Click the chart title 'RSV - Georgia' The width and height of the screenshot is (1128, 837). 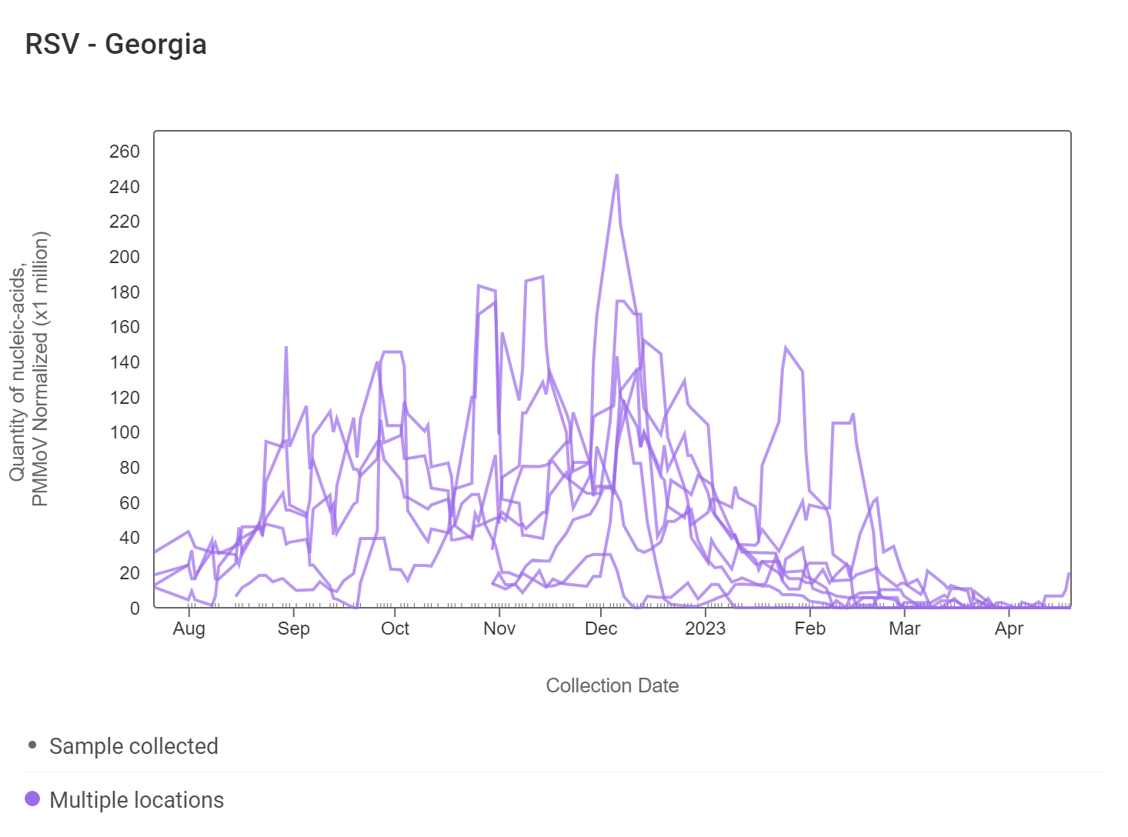coord(116,45)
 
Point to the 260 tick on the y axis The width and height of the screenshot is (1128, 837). coord(125,152)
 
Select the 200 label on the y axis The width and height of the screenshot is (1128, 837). coord(125,257)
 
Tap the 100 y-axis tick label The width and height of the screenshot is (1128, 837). coord(125,432)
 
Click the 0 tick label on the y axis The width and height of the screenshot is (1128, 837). coord(135,609)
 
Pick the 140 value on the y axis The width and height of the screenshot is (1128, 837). coord(125,362)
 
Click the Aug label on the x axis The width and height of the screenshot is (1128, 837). coord(189,629)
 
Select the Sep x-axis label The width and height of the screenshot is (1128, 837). coord(293,629)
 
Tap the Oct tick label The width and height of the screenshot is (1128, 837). coord(395,629)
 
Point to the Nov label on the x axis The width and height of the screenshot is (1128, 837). coord(499,629)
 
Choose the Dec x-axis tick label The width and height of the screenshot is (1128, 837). coord(601,629)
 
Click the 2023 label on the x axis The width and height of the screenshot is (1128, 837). coord(705,629)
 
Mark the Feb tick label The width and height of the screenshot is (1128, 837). coord(810,629)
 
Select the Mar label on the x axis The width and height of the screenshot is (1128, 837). coord(904,629)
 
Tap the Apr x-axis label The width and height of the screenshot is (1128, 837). coord(1009,629)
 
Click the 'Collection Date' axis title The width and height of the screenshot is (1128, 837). coord(612,685)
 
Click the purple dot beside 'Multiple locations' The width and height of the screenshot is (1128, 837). coord(32,799)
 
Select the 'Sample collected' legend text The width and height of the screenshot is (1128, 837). coord(134,746)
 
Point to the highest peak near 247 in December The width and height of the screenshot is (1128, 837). coord(616,175)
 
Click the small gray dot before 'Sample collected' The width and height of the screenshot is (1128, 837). coord(32,745)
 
